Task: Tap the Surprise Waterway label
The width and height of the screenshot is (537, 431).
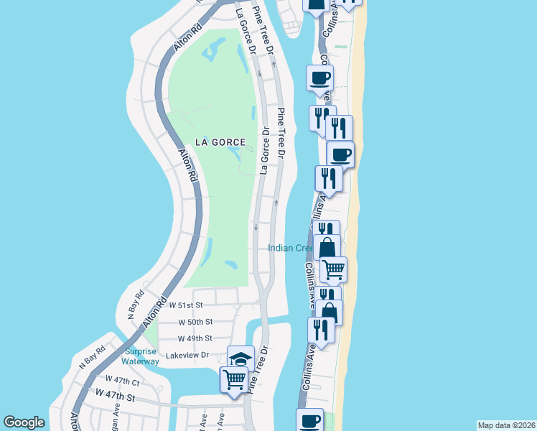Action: (x=141, y=356)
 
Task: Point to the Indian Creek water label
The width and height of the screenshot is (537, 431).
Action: (x=290, y=249)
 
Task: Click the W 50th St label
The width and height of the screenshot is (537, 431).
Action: (x=195, y=322)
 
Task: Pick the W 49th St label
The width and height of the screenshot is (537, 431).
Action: (x=195, y=338)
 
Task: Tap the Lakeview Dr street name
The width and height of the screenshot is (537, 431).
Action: (x=185, y=355)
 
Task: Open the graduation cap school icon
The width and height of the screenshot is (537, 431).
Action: (x=241, y=358)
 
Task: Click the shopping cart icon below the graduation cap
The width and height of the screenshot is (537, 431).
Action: (x=235, y=379)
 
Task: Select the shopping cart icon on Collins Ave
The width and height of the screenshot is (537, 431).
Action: (x=334, y=269)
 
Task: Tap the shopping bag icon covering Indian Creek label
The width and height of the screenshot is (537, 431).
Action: (x=327, y=248)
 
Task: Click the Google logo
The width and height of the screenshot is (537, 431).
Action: (x=24, y=423)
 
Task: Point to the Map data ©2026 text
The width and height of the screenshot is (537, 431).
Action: (x=505, y=425)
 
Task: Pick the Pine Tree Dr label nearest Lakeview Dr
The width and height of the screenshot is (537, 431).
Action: (x=258, y=369)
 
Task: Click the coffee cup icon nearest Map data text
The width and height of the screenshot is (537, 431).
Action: (x=311, y=420)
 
